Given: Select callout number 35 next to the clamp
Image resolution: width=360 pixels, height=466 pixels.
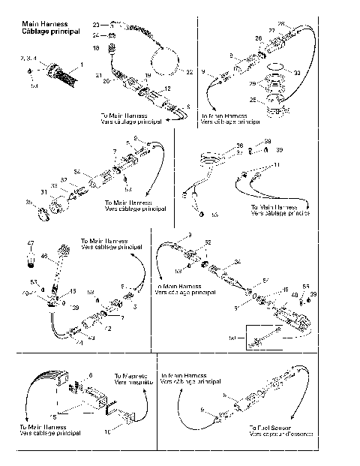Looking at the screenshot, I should coord(30,202).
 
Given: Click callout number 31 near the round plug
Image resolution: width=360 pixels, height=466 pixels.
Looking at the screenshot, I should coord(43,193).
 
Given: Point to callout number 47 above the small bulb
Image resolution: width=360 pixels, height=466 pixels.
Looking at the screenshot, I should coord(31,242).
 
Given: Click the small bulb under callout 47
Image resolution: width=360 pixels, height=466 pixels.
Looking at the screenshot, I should coord(31,258).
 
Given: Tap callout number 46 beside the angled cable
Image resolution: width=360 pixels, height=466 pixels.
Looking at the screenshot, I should coord(43,257).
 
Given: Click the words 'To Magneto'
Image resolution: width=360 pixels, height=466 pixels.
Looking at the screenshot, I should coord(127,374).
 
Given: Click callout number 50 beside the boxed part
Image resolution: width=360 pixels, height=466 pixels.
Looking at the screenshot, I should coord(231,338).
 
